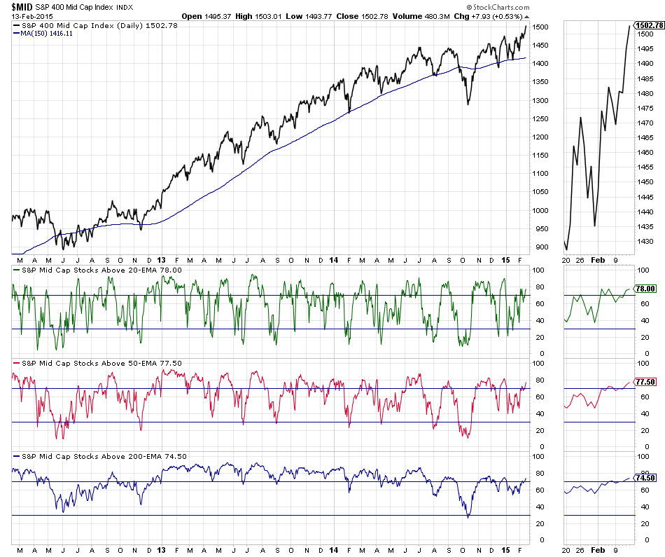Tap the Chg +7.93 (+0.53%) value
point(485,15)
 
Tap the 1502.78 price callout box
point(648,26)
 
